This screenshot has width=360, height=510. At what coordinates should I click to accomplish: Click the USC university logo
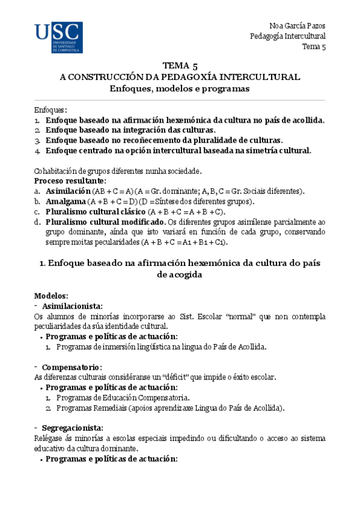pos(58,38)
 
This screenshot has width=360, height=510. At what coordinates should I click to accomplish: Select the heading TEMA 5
pos(179,66)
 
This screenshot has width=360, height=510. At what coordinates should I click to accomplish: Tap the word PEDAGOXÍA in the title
pos(194,78)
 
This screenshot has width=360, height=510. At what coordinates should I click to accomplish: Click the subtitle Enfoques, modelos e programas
pos(179,88)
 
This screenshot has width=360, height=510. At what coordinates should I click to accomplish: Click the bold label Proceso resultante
pos(70,180)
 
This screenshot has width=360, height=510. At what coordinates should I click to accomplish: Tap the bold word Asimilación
pos(69,191)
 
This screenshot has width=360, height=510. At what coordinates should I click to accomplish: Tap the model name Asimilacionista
pos(72,306)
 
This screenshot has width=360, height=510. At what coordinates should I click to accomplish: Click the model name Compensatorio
pos(72,367)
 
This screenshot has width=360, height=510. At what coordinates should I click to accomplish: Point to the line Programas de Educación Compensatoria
pos(123,398)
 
